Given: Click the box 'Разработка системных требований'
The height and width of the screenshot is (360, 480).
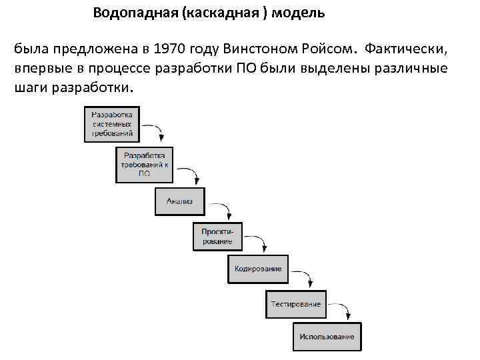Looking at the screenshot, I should tap(112, 123).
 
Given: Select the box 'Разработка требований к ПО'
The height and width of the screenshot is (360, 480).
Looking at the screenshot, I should tap(145, 164).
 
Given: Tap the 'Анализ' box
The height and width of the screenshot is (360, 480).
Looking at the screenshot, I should tap(179, 201).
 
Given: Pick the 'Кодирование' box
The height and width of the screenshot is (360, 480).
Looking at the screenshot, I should tap(258, 269).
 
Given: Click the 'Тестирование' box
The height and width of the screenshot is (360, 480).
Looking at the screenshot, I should tap(295, 304).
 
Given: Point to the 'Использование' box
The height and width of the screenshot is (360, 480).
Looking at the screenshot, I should tap(327, 337).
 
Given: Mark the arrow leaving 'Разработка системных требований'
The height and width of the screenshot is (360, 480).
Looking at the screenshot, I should tap(153, 130).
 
